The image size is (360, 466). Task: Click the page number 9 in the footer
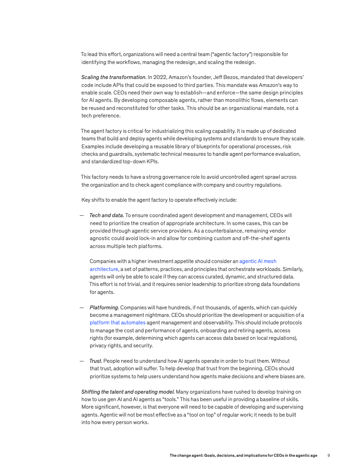329,455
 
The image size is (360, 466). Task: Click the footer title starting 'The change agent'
243,455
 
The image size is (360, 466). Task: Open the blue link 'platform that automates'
117,323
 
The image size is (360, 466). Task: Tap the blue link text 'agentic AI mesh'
258,261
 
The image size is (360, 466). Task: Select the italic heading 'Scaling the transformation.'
114,77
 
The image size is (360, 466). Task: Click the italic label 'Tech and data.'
107,215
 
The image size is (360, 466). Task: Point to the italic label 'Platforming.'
104,308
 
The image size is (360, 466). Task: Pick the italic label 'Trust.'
96,361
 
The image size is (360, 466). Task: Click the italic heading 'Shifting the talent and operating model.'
128,392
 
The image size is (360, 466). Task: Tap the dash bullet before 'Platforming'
82,308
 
